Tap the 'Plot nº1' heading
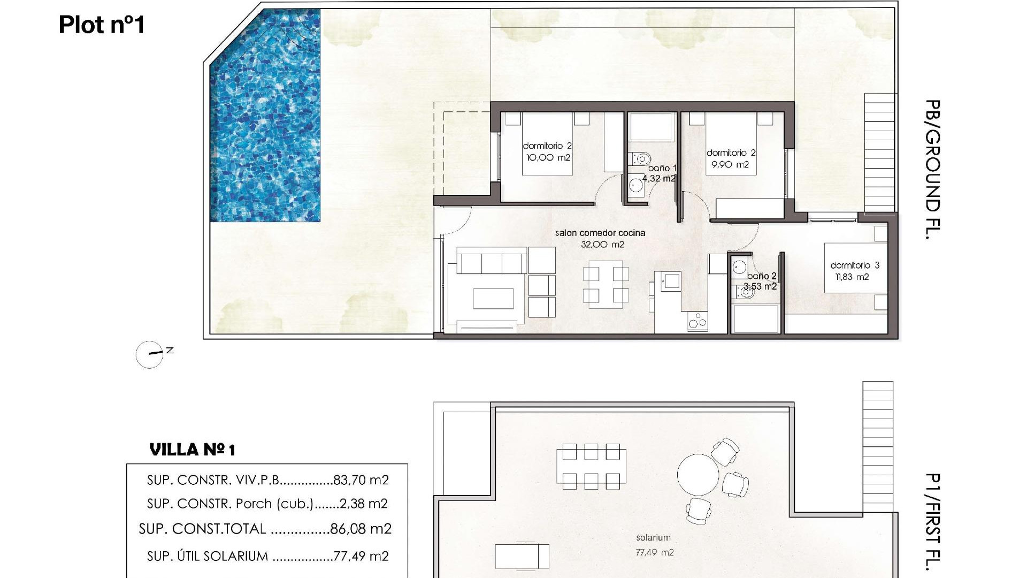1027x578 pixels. (102, 25)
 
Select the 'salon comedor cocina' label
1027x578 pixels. (600, 233)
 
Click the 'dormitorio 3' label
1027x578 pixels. (854, 265)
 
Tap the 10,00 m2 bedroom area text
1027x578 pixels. (548, 158)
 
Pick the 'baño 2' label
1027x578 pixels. (762, 276)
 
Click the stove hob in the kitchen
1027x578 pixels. (697, 321)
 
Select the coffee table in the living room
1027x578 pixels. (493, 299)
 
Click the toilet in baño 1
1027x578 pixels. (640, 158)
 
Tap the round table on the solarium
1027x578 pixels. (698, 475)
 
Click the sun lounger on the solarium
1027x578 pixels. (522, 556)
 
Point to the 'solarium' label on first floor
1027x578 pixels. (653, 537)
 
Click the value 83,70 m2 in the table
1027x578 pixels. (361, 480)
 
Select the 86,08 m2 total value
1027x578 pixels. (361, 529)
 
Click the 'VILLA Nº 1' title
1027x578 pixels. (192, 450)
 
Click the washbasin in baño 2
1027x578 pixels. (740, 267)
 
